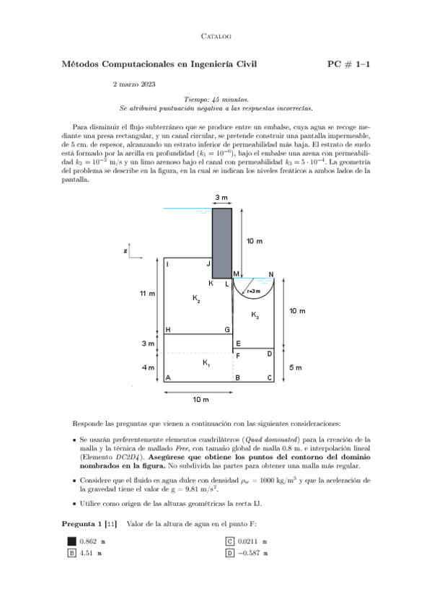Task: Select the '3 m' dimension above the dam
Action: pyautogui.click(x=221, y=198)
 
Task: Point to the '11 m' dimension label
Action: pyautogui.click(x=148, y=294)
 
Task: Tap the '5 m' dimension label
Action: pyautogui.click(x=296, y=367)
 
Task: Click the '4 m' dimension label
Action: pyautogui.click(x=148, y=367)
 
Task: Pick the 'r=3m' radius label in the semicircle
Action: pyautogui.click(x=253, y=291)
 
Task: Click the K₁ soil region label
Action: pyautogui.click(x=207, y=362)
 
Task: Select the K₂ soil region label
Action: pyautogui.click(x=196, y=298)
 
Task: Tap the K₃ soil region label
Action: pyautogui.click(x=255, y=315)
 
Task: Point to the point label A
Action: pyautogui.click(x=168, y=378)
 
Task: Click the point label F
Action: pyautogui.click(x=238, y=356)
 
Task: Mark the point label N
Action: pyautogui.click(x=270, y=274)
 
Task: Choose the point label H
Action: pyautogui.click(x=168, y=330)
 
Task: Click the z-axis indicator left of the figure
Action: pyautogui.click(x=125, y=251)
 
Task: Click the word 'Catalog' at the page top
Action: pyautogui.click(x=216, y=35)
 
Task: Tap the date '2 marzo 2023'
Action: pyautogui.click(x=133, y=84)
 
